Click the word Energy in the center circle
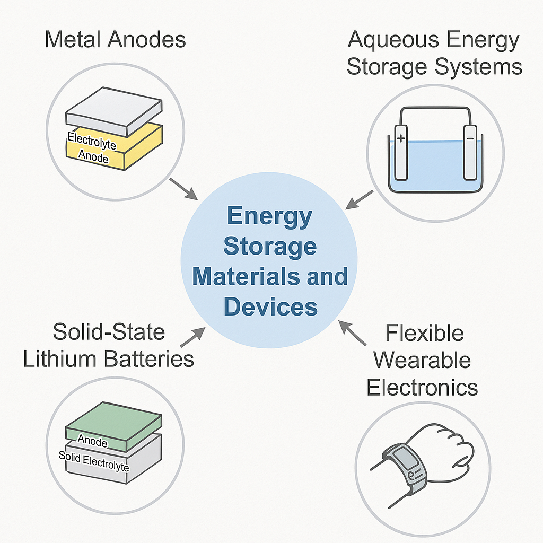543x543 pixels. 269,217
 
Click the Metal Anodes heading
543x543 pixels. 115,40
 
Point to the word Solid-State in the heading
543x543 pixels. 109,332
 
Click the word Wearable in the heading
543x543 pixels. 422,361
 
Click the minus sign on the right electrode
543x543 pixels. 470,138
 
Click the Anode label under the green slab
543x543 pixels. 93,440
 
